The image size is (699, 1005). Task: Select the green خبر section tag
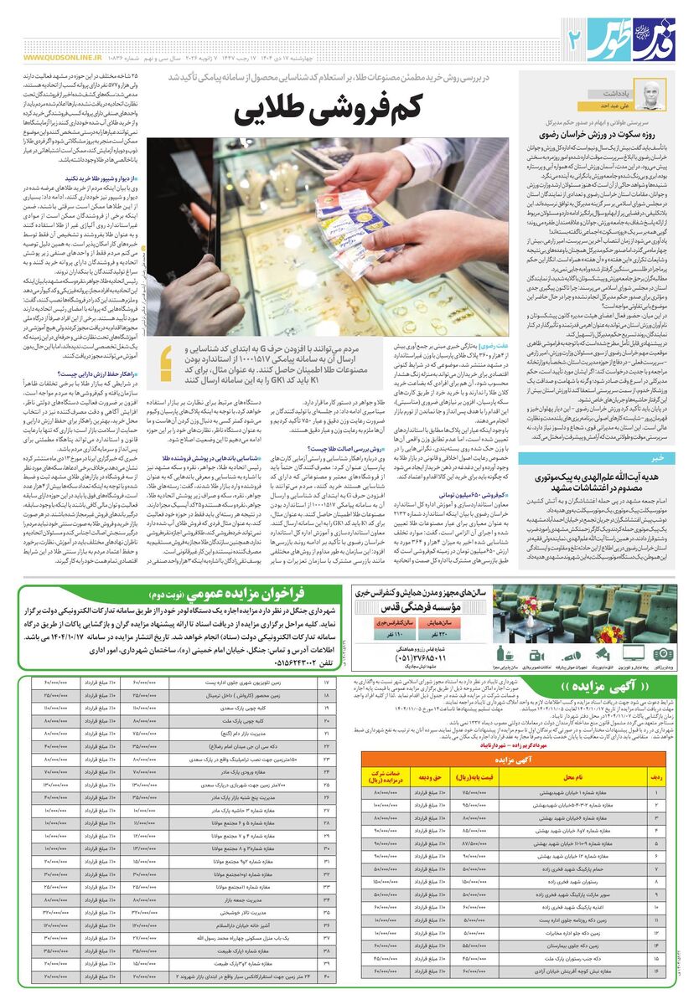657,457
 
